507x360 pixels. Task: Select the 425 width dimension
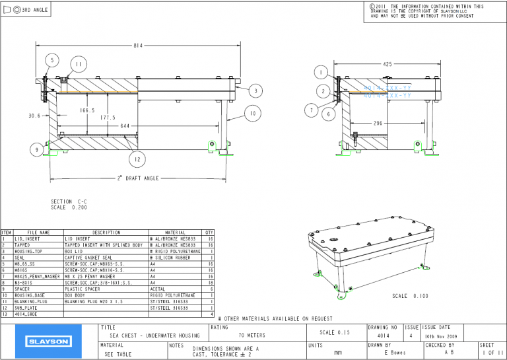click(387, 64)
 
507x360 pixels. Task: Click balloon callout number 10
click(251, 113)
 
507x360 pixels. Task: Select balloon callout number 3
click(255, 90)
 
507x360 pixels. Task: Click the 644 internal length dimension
click(124, 126)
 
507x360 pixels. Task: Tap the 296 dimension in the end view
click(378, 123)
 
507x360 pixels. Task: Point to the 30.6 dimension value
click(34, 116)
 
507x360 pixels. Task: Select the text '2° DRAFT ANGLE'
click(138, 178)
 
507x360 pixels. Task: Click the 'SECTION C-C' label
click(69, 201)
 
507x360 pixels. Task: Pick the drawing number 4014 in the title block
click(382, 336)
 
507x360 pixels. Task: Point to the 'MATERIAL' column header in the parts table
click(175, 233)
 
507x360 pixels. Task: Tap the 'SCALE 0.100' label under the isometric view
click(409, 296)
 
